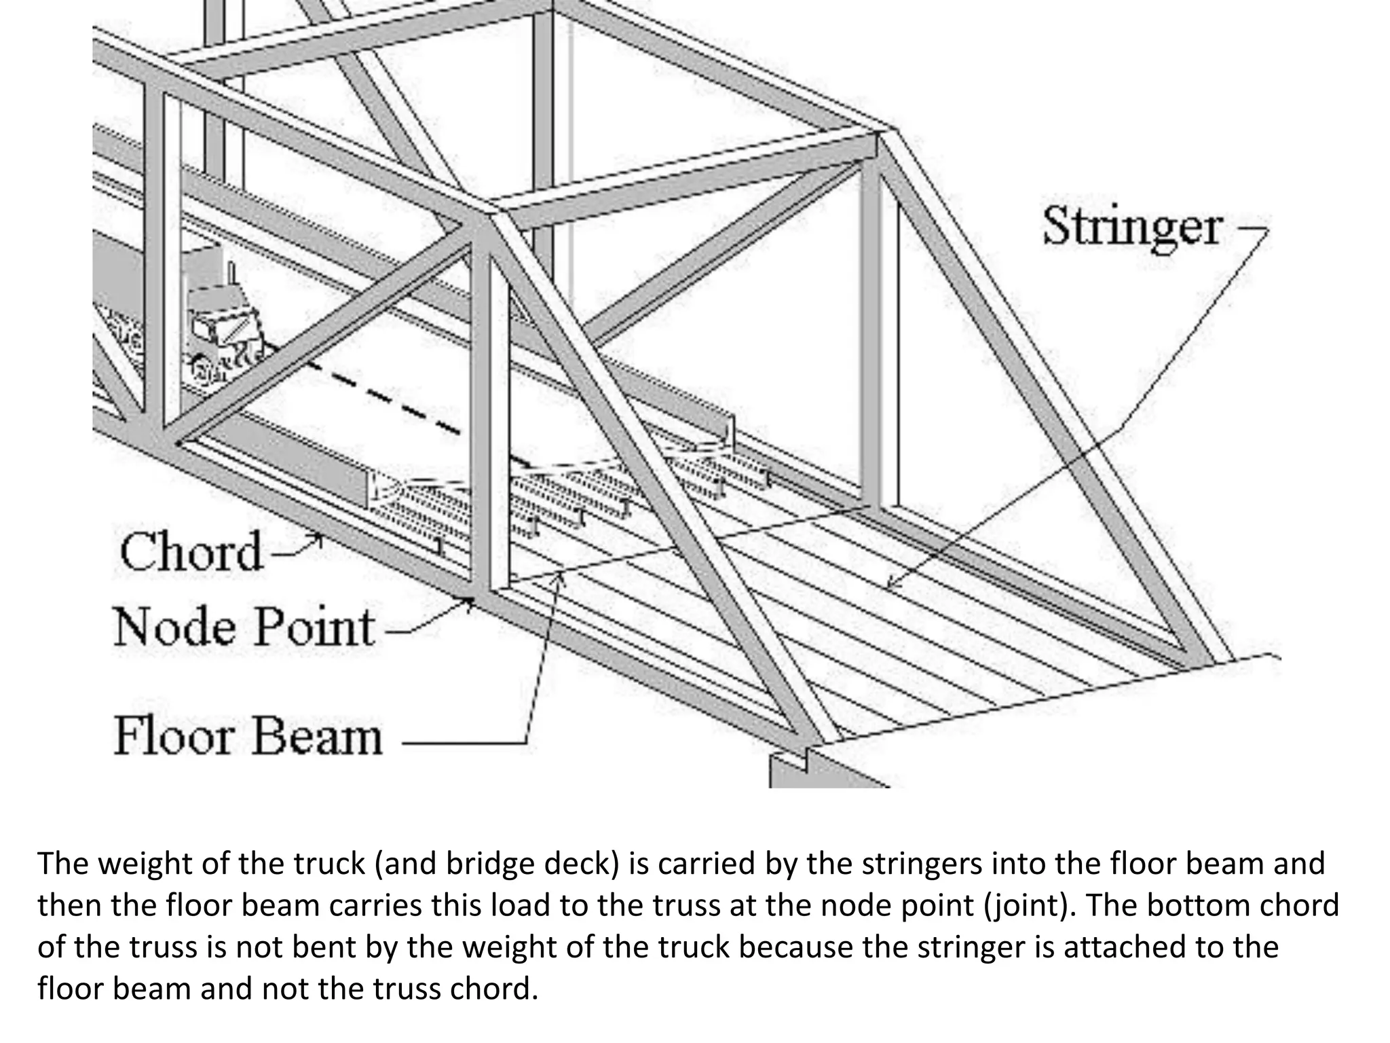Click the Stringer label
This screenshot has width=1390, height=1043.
pyautogui.click(x=1132, y=227)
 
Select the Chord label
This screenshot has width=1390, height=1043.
pyautogui.click(x=191, y=551)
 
